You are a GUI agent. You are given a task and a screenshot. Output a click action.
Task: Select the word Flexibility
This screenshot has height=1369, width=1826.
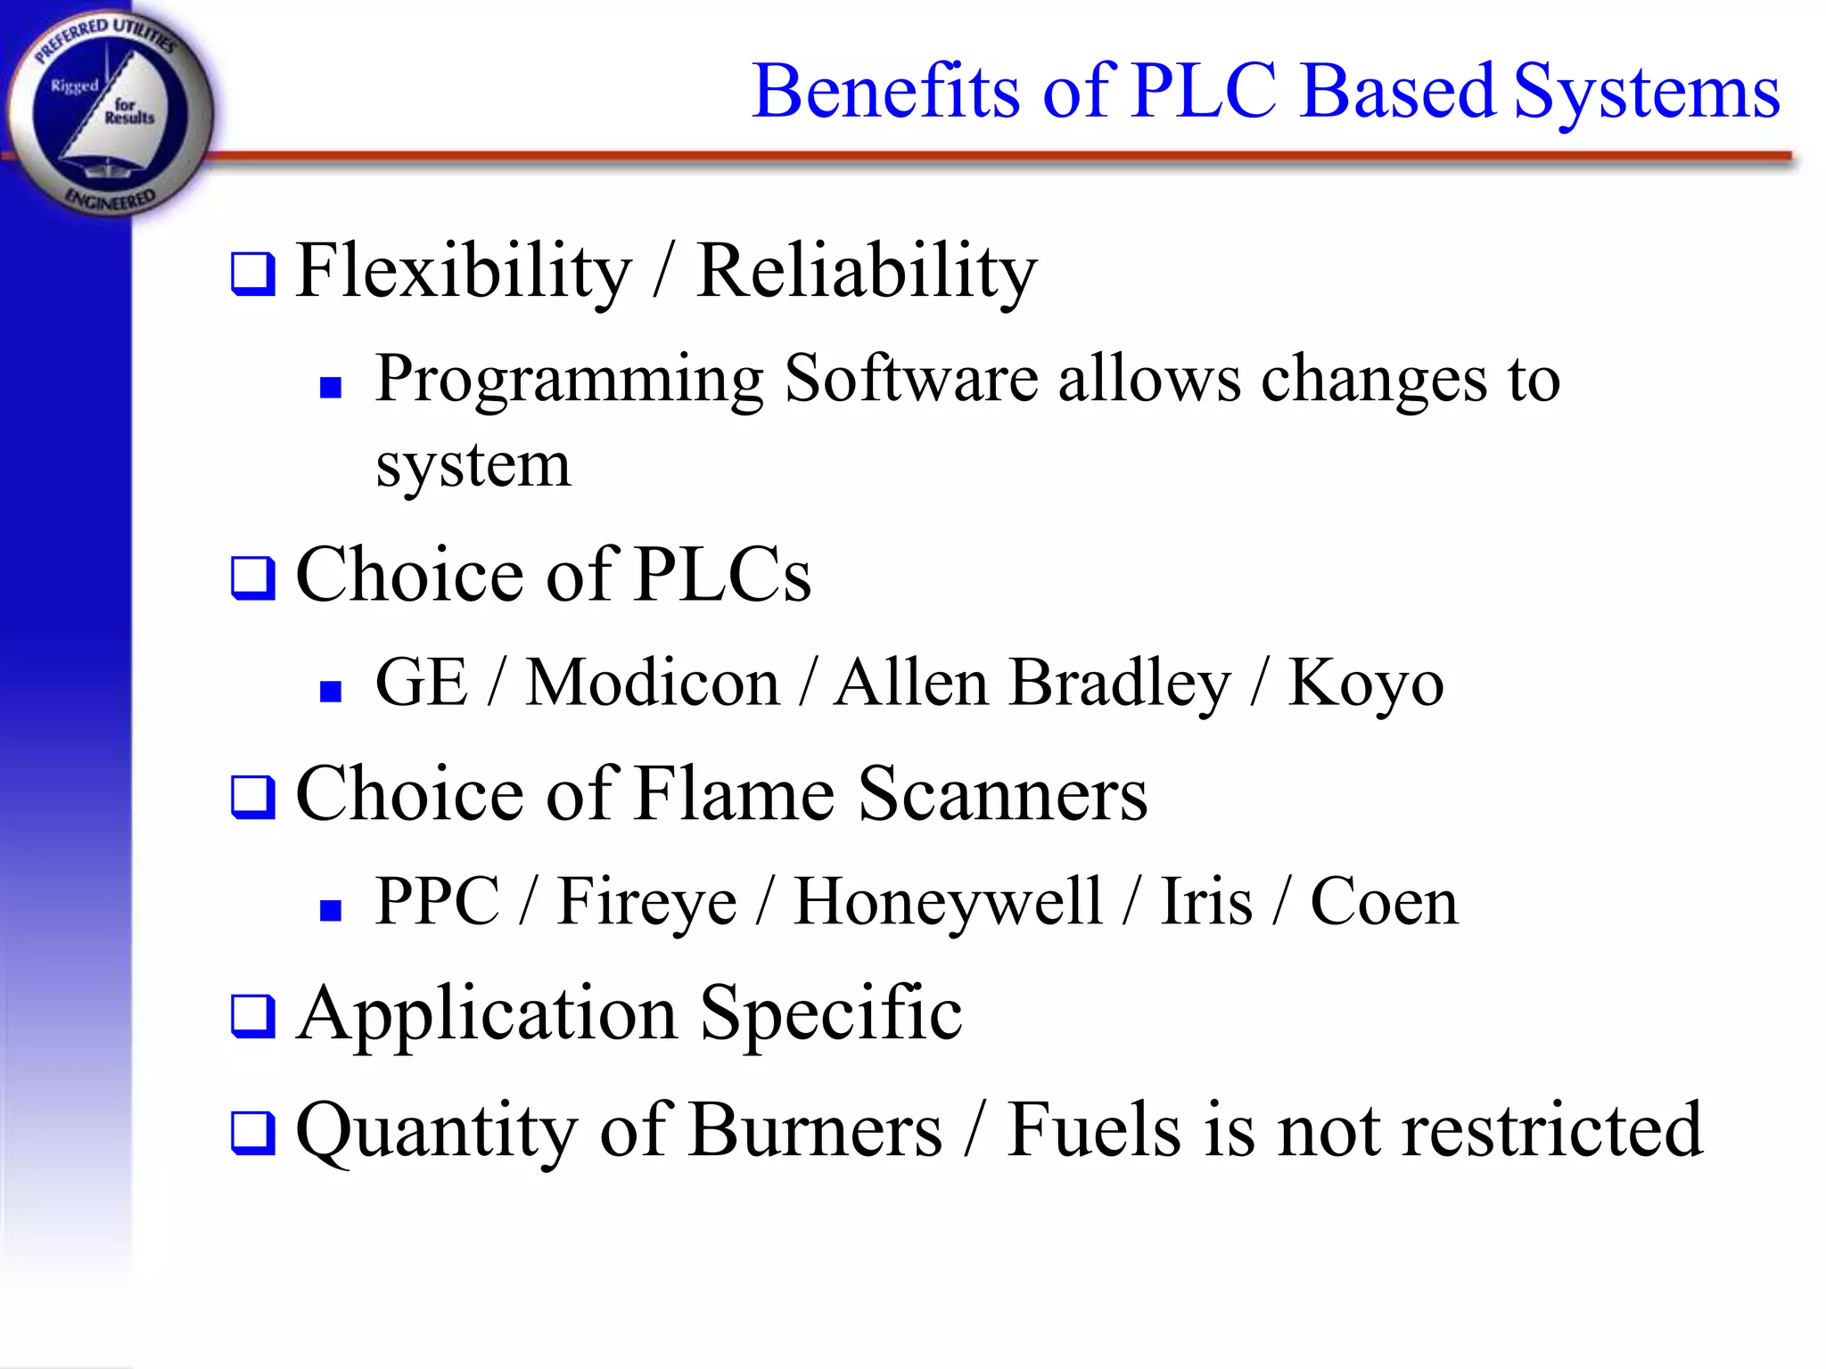[463, 271]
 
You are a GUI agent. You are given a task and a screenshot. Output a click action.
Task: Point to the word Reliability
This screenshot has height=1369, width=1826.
[867, 271]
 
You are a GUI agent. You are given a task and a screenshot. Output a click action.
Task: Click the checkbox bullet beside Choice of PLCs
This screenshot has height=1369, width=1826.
[253, 578]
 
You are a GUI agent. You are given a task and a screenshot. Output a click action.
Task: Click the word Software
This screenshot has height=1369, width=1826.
[910, 379]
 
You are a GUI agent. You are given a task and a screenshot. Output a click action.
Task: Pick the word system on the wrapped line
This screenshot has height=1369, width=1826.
[473, 465]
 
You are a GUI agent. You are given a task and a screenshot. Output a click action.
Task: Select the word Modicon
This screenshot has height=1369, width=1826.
[652, 684]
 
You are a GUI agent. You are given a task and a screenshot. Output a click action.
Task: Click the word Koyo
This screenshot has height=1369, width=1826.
[1365, 684]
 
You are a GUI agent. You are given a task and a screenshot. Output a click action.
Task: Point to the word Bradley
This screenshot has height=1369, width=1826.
[1120, 684]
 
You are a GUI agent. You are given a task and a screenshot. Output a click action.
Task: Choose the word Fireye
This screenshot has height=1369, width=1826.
[646, 903]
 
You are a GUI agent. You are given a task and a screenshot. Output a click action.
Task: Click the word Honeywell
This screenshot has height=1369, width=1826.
[948, 903]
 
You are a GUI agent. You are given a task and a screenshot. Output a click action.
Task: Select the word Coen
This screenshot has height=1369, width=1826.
[1384, 902]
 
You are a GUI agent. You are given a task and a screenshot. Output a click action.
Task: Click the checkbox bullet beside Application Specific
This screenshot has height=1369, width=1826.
[253, 1016]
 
